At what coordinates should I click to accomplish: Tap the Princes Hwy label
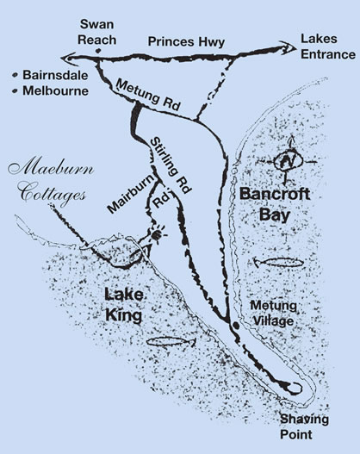click(185, 40)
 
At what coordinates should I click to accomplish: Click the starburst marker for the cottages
click(158, 233)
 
